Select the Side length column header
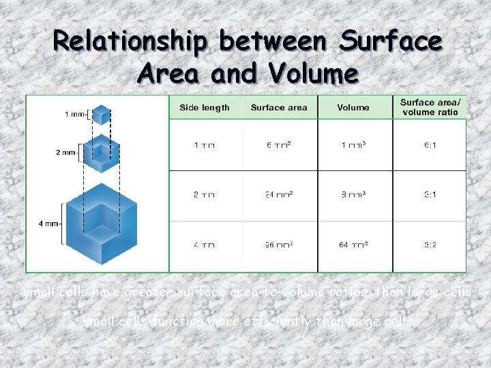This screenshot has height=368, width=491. pos(205,108)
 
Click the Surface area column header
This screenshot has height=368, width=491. pos(279,108)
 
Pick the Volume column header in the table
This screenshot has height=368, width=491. pos(353,108)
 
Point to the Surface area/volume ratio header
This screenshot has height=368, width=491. pos(430,107)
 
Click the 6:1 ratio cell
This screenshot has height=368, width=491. pos(430,146)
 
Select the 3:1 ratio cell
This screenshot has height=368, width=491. pos(430,195)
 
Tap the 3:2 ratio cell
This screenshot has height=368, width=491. pos(430,245)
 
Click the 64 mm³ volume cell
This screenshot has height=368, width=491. pos(353,245)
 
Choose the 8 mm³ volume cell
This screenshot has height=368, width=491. pos(353,195)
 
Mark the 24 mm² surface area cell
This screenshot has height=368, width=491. pos(279,195)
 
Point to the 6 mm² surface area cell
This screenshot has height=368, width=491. pos(279,146)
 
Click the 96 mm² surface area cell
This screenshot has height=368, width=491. pos(279,245)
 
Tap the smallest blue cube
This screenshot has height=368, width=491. pos(101,114)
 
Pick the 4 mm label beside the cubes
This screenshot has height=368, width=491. pos(50,223)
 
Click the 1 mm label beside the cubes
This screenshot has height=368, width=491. pos(75,114)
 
